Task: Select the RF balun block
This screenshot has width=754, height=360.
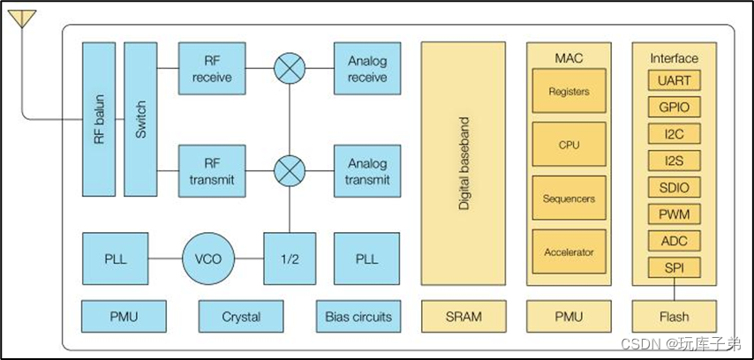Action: click(x=98, y=118)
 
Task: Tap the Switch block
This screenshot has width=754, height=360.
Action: click(x=141, y=118)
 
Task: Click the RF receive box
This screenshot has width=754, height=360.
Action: click(x=211, y=68)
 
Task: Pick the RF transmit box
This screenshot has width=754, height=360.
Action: click(x=211, y=171)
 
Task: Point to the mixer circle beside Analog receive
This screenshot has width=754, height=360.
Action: click(x=289, y=68)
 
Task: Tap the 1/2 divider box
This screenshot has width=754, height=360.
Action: click(x=289, y=259)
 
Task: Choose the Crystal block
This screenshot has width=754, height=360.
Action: click(x=241, y=316)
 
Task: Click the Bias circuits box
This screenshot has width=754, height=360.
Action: click(x=358, y=316)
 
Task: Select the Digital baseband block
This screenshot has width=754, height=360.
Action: click(x=464, y=163)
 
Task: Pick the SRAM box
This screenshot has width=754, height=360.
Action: click(x=464, y=316)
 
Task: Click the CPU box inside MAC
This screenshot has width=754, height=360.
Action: click(x=569, y=145)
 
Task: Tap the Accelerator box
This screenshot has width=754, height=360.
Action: click(x=569, y=252)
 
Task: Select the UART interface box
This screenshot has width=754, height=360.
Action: click(x=675, y=81)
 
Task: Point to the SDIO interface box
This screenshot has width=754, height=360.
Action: click(x=675, y=187)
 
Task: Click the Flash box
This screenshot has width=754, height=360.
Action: click(x=675, y=316)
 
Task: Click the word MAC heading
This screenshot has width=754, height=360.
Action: click(x=569, y=58)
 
